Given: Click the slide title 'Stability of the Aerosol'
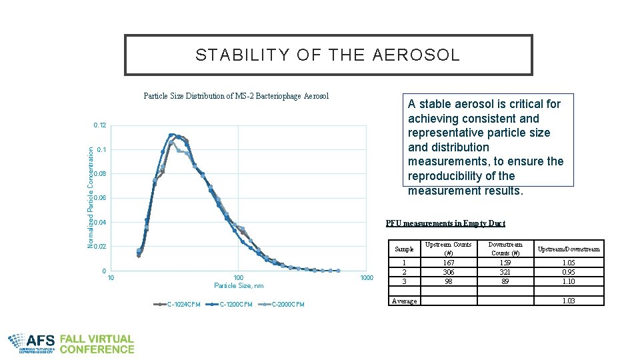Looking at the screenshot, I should (328, 55).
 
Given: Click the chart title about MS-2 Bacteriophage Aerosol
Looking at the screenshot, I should (236, 96).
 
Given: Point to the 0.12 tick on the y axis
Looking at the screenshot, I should (100, 125).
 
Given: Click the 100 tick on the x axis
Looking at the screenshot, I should (239, 277).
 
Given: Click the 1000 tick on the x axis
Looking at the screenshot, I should (367, 277).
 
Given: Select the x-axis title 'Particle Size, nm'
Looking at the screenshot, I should (239, 286).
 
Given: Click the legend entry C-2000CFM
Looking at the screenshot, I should (288, 305).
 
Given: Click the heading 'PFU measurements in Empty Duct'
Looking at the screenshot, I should (445, 223).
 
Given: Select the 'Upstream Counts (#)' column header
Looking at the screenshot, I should (448, 249).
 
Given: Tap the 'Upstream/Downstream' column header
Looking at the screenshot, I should (569, 249).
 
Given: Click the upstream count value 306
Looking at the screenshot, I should (448, 273).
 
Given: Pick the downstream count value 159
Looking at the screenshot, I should (505, 263).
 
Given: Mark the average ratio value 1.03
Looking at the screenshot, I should (569, 301).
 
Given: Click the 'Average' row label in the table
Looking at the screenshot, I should (405, 301).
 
